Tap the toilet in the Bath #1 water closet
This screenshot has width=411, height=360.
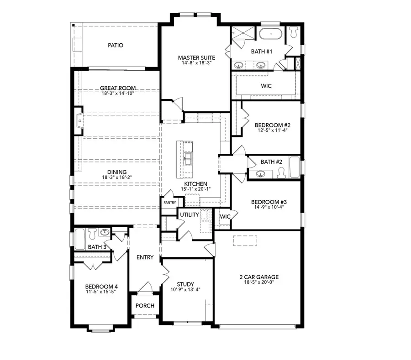pos(292,31)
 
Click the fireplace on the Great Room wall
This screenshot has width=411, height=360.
pos(79,121)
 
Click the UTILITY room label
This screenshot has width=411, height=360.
pos(188,214)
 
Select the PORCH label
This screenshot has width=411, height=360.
pos(145,305)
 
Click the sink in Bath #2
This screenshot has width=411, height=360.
pos(261,173)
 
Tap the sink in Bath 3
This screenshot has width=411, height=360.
pos(105,232)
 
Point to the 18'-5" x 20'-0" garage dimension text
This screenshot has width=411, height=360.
pos(259,283)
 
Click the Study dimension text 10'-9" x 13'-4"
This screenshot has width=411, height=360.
pos(185,289)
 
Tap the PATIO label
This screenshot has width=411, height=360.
pos(116,45)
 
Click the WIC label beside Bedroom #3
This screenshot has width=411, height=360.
pos(225,216)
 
